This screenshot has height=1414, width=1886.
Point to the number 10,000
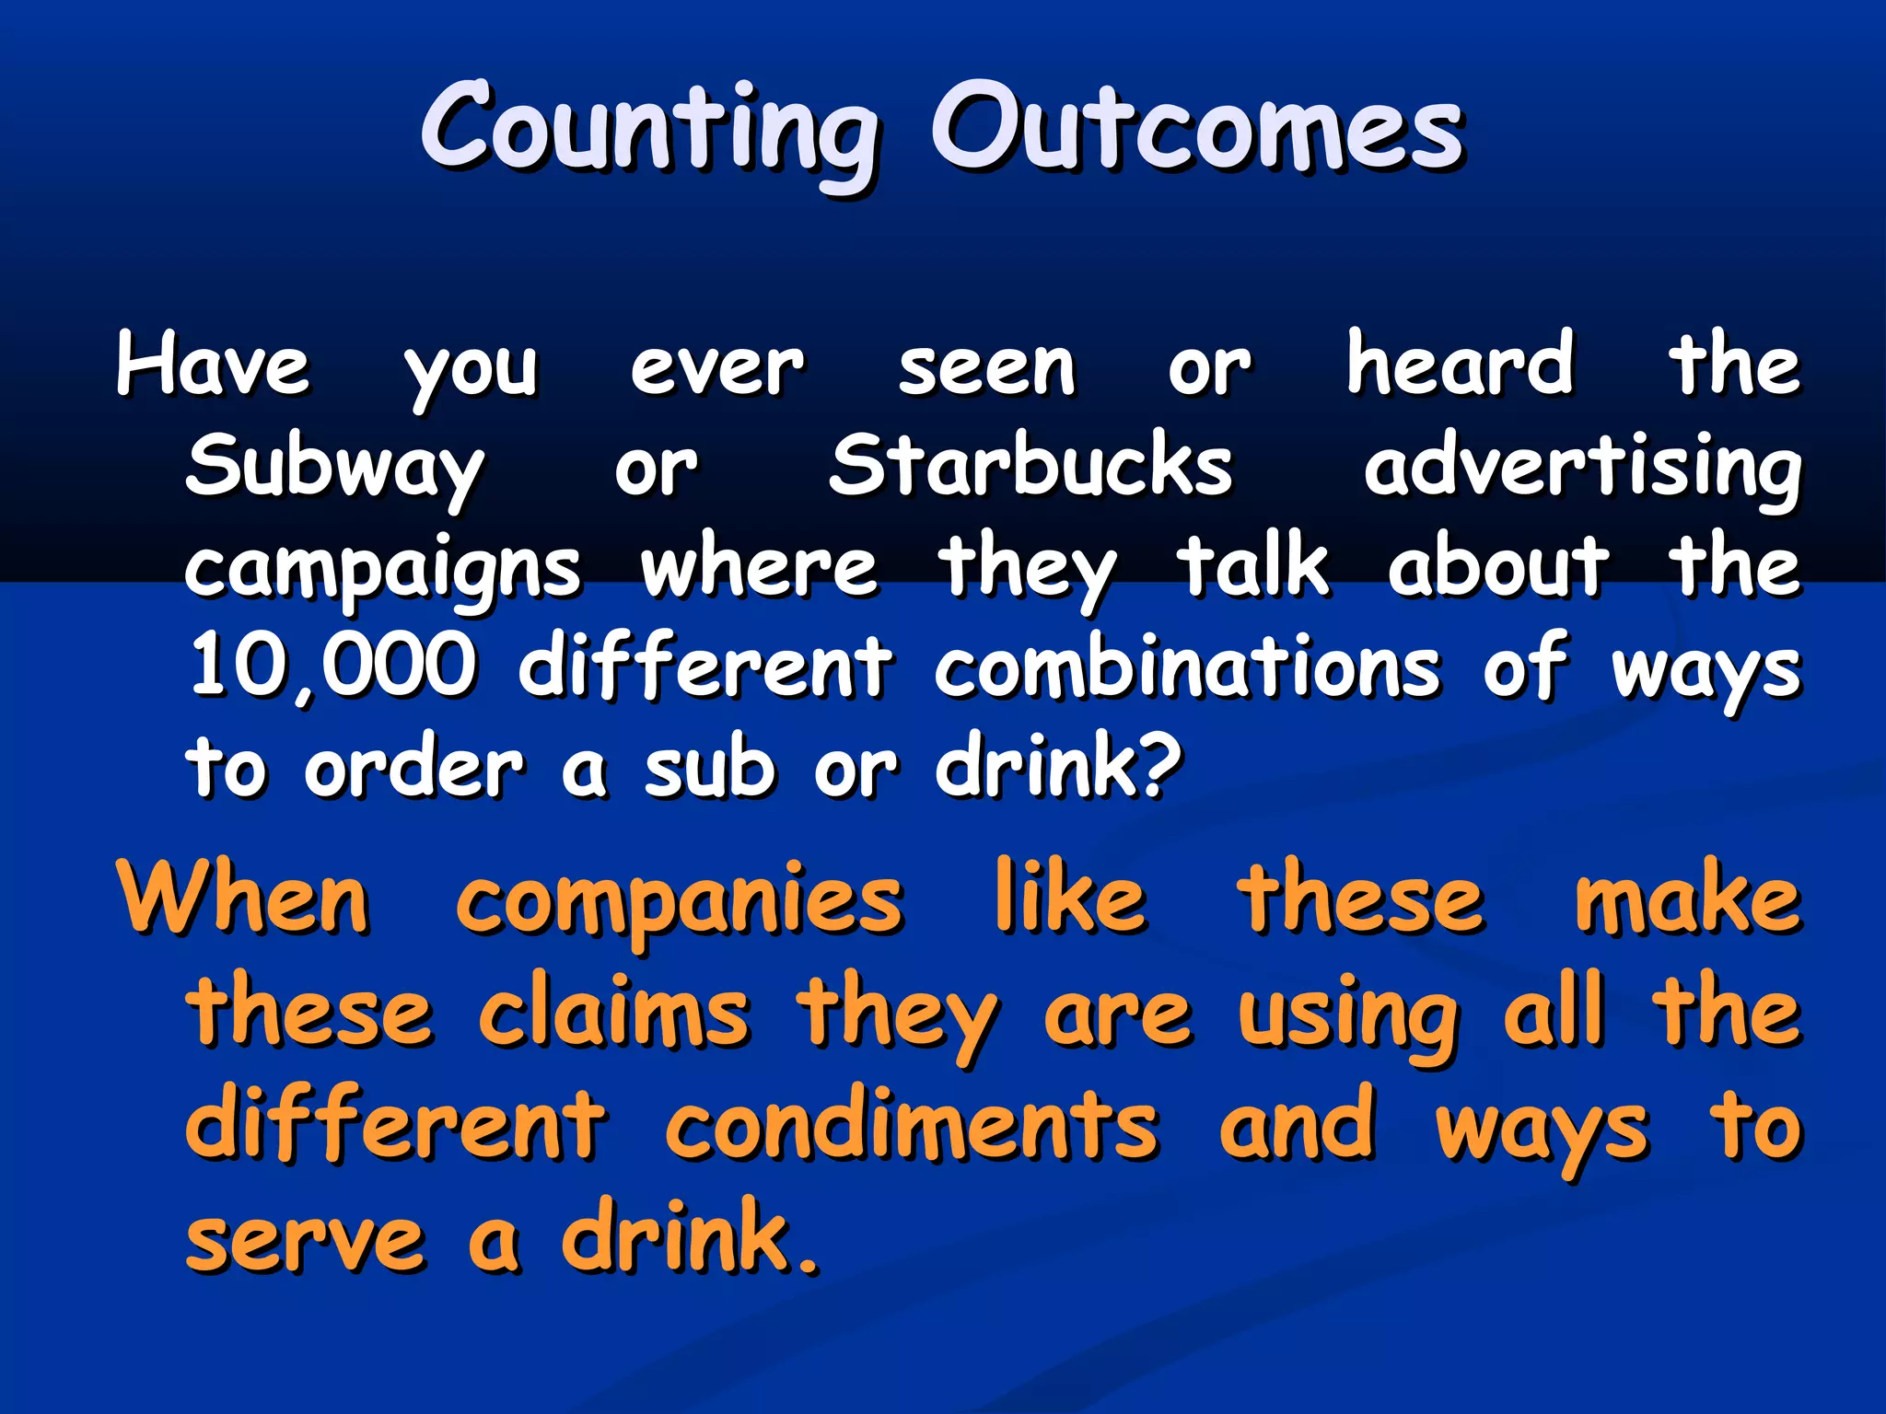(332, 667)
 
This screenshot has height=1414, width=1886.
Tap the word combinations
(1187, 667)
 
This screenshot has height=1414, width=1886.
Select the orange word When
(244, 898)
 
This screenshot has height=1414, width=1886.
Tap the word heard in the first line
(1460, 365)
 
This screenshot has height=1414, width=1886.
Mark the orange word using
(1348, 1018)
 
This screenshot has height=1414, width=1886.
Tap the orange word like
(1070, 898)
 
